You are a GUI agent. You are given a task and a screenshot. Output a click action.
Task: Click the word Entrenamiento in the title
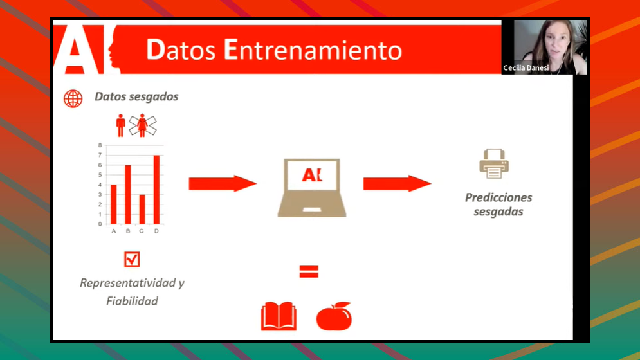tap(313, 50)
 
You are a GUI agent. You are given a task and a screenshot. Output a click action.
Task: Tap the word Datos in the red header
tap(181, 50)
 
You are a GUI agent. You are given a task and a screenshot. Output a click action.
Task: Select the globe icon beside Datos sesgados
tap(73, 98)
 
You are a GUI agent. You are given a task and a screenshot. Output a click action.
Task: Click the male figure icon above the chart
tap(120, 125)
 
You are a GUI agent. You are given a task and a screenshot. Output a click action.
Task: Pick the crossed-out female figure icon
tap(142, 125)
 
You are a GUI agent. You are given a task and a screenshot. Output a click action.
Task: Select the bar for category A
tap(114, 204)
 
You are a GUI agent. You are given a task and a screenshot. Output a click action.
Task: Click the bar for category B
tap(128, 195)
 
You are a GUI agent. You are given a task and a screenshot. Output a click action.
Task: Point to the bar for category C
tap(142, 210)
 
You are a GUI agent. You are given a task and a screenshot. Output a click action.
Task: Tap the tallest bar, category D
tap(156, 190)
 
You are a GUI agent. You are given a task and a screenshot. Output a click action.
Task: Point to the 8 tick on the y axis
tap(100, 145)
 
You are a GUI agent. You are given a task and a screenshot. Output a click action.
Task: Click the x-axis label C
tap(142, 231)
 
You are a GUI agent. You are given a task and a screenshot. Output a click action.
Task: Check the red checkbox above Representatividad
tap(132, 259)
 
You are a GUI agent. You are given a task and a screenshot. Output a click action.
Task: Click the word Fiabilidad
tap(133, 301)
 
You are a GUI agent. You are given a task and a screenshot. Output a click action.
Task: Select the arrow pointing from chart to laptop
tap(223, 184)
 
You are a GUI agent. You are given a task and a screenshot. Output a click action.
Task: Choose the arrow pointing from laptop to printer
tap(397, 184)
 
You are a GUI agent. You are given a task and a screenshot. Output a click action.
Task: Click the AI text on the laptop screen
tap(312, 175)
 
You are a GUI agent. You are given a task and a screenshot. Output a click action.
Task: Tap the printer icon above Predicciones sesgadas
tap(494, 164)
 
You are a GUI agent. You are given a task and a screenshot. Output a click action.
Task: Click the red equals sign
tap(309, 271)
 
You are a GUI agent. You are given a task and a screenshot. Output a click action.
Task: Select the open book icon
tap(279, 316)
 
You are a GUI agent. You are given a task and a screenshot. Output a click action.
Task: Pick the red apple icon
tap(334, 316)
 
